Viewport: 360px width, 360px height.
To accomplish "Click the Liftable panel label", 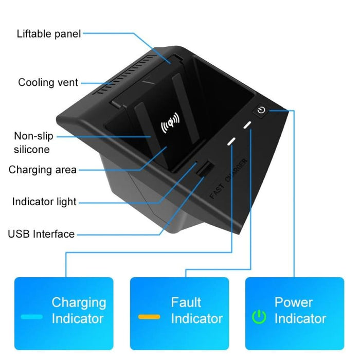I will click(x=49, y=34).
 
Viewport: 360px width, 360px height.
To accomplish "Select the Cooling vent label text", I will click(x=48, y=82).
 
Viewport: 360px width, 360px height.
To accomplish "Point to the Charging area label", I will click(x=42, y=170).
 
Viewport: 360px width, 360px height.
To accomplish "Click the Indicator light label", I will click(x=44, y=202).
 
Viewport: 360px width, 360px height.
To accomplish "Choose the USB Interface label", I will click(x=41, y=234).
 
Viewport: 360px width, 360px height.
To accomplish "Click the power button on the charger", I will click(x=261, y=110).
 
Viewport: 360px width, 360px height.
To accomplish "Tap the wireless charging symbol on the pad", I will click(x=171, y=124).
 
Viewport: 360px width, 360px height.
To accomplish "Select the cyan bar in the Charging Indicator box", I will click(x=32, y=317).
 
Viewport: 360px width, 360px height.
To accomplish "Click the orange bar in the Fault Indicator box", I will click(x=149, y=317).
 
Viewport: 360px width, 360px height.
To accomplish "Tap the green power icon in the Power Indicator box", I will click(x=259, y=317).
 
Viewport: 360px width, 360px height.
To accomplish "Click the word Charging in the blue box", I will click(x=79, y=302).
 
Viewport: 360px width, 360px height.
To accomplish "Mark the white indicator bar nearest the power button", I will click(x=248, y=125).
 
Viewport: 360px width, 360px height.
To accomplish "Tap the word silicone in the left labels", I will click(x=32, y=150).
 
